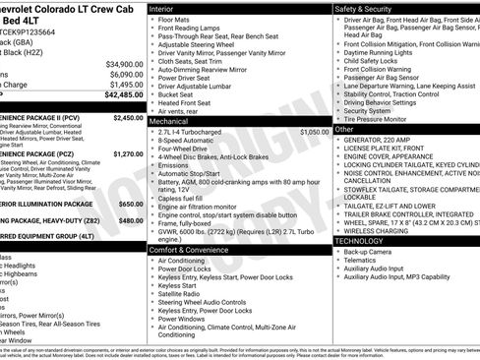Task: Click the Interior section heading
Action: (x=162, y=8)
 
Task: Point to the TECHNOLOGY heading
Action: (x=360, y=240)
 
